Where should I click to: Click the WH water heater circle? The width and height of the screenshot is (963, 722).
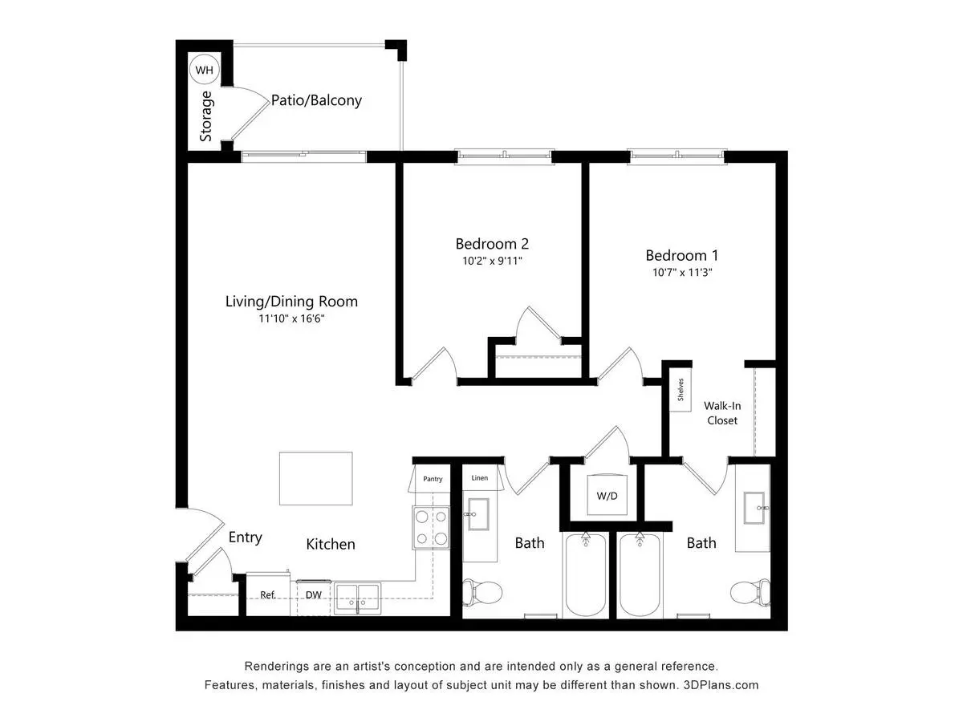click(205, 70)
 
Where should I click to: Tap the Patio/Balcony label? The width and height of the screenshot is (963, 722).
click(316, 100)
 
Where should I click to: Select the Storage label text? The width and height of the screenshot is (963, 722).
click(205, 116)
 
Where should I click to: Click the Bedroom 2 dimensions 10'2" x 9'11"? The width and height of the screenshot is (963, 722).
click(492, 261)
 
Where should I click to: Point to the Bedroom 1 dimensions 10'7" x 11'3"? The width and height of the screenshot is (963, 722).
click(682, 272)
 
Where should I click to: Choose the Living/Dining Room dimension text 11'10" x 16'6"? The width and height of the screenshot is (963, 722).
click(291, 318)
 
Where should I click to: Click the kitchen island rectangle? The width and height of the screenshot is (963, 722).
click(316, 478)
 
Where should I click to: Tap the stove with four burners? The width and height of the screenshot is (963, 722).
click(431, 527)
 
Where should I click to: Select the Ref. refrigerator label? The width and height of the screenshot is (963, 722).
click(268, 595)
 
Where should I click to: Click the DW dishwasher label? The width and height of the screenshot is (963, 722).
click(314, 595)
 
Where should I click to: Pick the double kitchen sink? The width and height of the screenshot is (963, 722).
click(357, 598)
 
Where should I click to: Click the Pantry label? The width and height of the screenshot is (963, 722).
click(433, 479)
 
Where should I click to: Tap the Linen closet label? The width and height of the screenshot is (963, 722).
click(480, 478)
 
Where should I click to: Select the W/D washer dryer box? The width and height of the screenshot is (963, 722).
click(607, 495)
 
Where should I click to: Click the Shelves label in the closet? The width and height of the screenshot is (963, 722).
click(681, 390)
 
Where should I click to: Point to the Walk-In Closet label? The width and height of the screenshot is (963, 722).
click(722, 413)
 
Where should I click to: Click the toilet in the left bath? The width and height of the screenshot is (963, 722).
click(482, 593)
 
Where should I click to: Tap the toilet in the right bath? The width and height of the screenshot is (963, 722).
click(750, 593)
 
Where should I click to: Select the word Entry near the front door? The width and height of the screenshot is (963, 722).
click(246, 537)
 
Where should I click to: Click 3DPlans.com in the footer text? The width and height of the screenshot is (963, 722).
click(721, 685)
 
